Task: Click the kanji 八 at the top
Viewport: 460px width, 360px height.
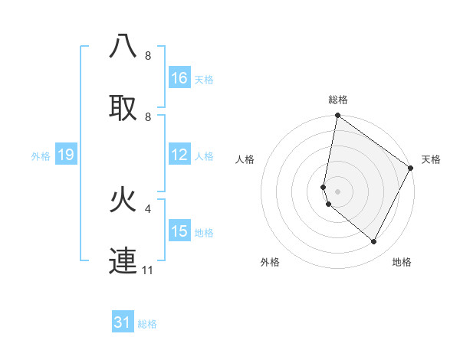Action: click(123, 47)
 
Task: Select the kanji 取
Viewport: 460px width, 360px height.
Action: click(123, 107)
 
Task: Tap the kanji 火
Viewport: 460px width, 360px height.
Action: click(123, 199)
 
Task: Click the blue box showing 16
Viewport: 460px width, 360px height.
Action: click(179, 78)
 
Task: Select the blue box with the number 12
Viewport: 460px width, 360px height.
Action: click(179, 155)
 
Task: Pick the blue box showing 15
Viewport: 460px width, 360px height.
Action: click(179, 231)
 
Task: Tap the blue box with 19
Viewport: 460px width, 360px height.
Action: click(65, 155)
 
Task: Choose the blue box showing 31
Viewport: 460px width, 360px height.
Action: click(123, 322)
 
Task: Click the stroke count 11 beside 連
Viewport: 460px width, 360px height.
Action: click(147, 270)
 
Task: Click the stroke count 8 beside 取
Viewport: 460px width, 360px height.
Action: click(148, 116)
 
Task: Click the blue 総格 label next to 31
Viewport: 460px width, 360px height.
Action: click(147, 324)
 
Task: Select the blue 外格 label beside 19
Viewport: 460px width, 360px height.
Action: click(41, 156)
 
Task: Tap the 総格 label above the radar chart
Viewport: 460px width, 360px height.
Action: click(338, 100)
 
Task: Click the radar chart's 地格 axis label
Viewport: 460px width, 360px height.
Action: click(402, 263)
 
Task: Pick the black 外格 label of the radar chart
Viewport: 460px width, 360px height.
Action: click(270, 263)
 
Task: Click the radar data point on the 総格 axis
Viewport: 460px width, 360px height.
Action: click(337, 116)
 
